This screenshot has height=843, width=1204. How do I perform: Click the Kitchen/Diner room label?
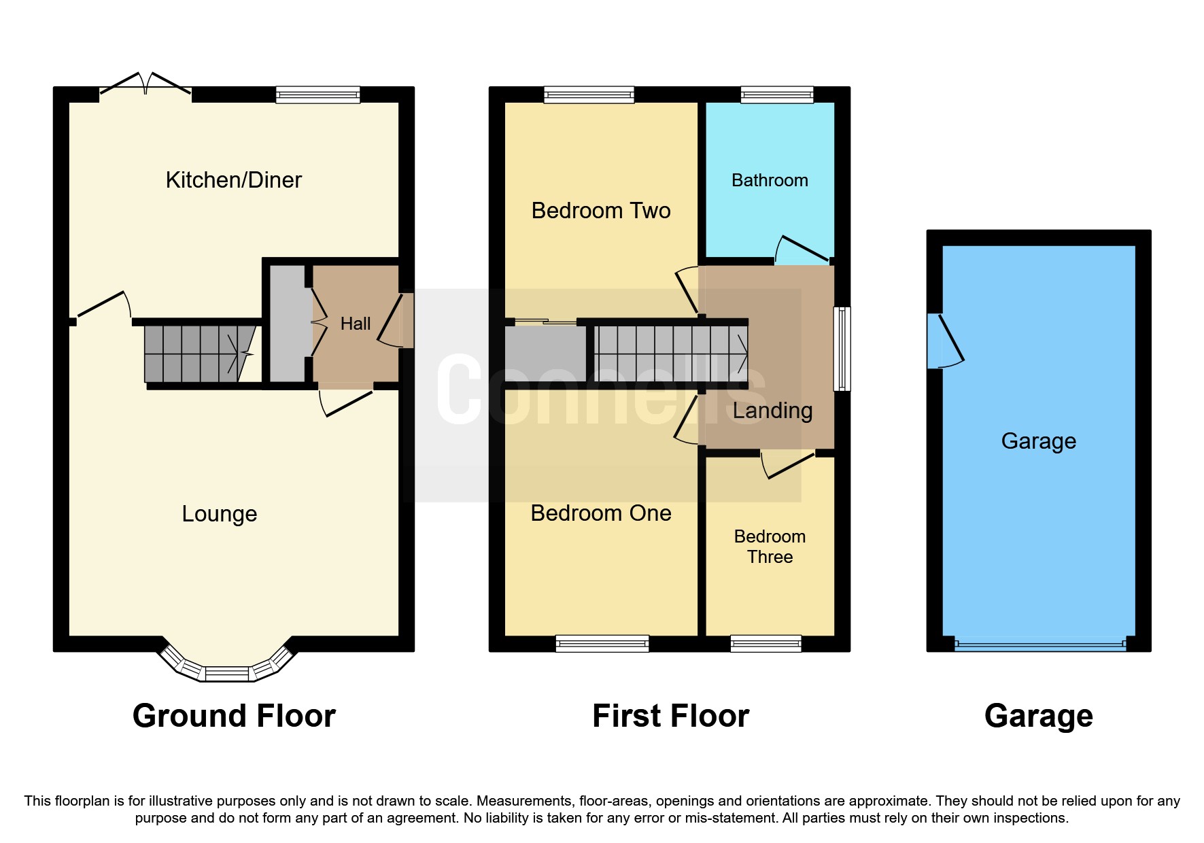233,180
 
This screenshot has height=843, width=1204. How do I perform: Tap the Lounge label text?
219,514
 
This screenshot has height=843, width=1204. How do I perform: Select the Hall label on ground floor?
355,324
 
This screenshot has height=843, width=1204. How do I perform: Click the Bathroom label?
770,181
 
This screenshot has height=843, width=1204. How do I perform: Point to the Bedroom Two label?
601,211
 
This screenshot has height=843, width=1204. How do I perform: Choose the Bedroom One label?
601,513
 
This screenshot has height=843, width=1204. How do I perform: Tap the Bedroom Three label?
770,547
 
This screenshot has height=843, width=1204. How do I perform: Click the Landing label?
772,411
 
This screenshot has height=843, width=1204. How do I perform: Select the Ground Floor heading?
234,716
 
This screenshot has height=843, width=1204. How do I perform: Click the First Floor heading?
670,716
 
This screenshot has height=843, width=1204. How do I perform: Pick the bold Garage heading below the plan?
1038,716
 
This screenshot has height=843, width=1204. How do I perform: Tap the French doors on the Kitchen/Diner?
145,86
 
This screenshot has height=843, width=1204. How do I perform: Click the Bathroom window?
777,94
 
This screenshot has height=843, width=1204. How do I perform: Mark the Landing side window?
842,349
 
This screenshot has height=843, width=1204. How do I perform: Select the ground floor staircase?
197,354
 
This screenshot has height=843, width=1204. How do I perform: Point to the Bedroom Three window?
766,643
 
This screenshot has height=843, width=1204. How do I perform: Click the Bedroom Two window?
589,94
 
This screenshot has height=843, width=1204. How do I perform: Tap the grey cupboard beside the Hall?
288,324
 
